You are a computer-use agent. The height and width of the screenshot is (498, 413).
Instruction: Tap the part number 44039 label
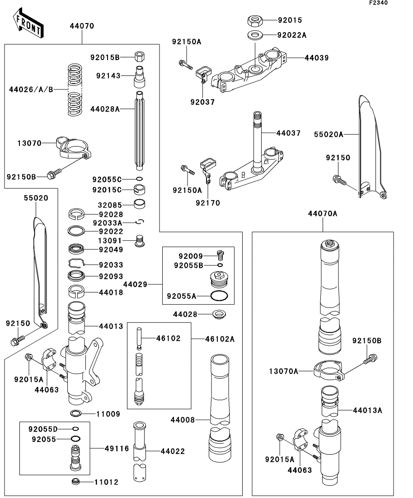pos(317,58)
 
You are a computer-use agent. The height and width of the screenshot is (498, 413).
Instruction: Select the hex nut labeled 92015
pos(254,21)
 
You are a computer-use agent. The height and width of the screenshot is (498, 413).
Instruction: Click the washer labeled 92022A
pos(254,34)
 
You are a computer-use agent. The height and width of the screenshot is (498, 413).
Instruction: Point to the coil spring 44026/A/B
pos(75,89)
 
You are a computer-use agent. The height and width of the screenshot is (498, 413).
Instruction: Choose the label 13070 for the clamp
pos(29,143)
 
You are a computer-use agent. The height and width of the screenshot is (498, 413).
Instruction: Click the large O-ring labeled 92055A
pos(219,296)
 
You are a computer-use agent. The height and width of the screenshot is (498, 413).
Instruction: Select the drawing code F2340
pos(378,3)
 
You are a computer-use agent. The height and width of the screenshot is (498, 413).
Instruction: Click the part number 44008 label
pos(183,420)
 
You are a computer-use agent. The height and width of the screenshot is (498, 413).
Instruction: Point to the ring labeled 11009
pos(75,414)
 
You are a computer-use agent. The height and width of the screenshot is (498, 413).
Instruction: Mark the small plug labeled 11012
pos(75,481)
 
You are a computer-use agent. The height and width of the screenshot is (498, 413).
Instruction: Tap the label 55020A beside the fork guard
pos(329,135)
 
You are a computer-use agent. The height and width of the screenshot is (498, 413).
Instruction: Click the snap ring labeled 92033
pos(76,263)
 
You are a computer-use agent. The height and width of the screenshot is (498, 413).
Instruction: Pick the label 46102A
pos(220,339)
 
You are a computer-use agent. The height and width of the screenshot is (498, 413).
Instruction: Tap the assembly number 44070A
pos(323,214)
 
